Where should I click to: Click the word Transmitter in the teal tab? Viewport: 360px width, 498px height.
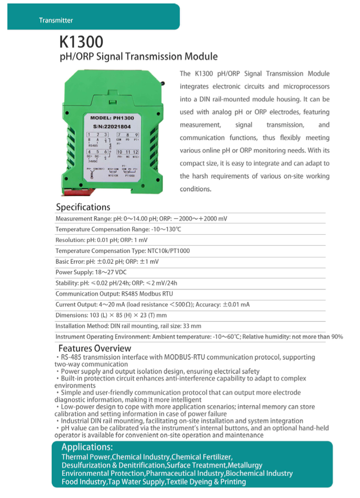[56, 20]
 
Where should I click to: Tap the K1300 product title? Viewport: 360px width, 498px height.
[81, 41]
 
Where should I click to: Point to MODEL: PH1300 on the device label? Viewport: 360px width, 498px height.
[112, 118]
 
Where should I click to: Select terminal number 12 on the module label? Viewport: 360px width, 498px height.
[136, 152]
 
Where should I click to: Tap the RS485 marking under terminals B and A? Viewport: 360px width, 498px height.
[93, 146]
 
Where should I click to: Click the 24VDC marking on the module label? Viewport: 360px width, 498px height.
[93, 161]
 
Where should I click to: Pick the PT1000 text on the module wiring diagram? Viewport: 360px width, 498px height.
[130, 175]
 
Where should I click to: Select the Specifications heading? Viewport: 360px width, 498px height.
[83, 207]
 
